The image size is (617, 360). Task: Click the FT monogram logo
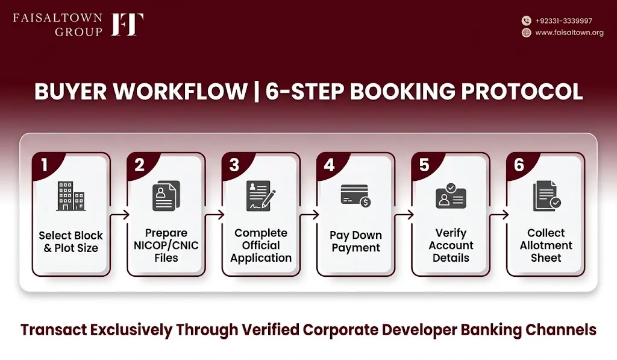tap(127, 24)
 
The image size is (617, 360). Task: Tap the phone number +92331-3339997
tap(563, 21)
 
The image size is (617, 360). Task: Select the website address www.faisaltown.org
tap(569, 33)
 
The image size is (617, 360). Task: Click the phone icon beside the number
tap(527, 21)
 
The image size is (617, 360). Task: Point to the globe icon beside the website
tap(527, 33)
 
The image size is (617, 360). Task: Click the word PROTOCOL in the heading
tap(522, 92)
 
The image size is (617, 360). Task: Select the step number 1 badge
tap(44, 165)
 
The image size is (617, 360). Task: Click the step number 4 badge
tap(329, 165)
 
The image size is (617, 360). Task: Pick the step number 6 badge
tap(519, 165)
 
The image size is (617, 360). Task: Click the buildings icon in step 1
tap(71, 196)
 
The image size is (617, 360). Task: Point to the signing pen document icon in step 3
tap(261, 196)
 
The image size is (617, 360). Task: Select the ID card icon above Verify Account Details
tap(451, 196)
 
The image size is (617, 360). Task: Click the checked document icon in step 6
tap(547, 196)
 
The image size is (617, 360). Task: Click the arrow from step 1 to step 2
tap(120, 215)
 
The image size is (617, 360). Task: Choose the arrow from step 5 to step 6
tap(499, 215)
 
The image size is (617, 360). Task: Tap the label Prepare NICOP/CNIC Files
tap(166, 245)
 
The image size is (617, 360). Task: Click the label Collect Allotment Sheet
tap(546, 245)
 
